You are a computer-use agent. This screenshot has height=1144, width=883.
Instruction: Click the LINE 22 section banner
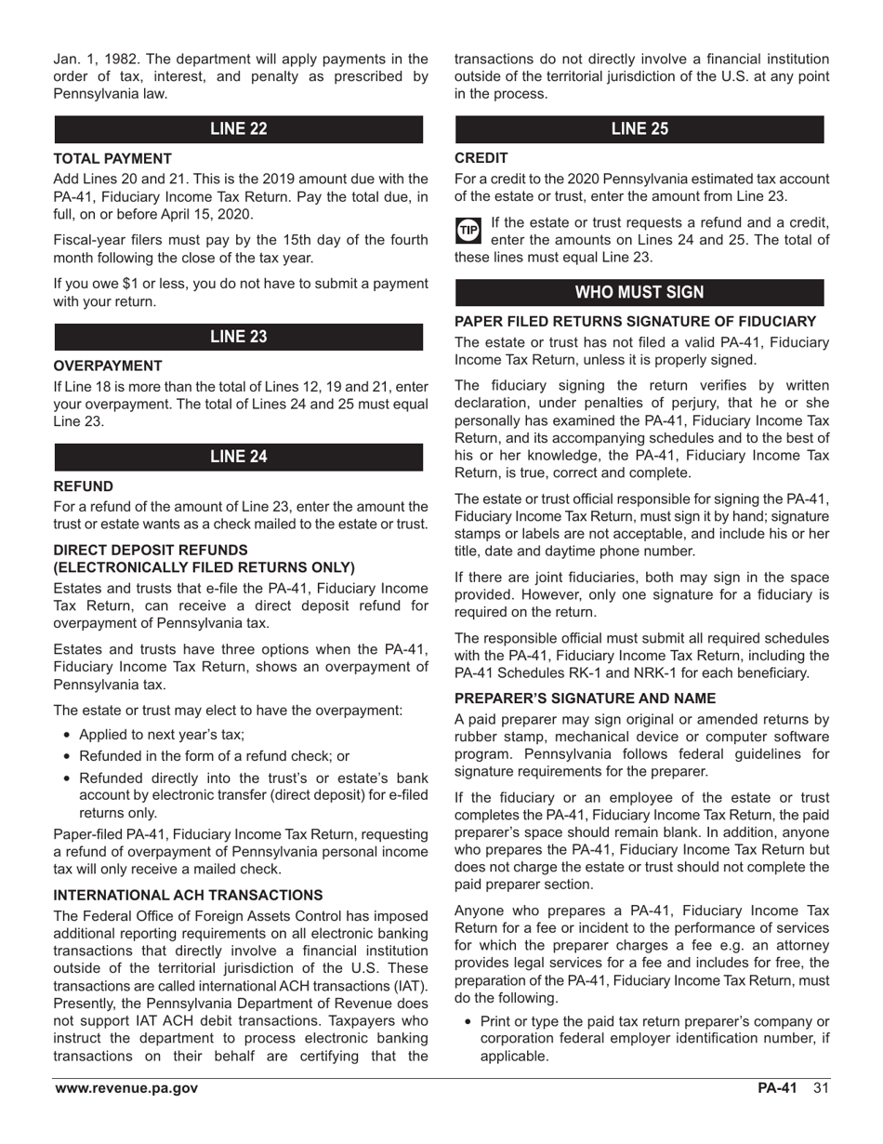tap(238, 129)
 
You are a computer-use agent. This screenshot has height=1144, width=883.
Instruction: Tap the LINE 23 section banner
tap(238, 337)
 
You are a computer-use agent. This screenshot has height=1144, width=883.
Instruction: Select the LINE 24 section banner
tap(238, 457)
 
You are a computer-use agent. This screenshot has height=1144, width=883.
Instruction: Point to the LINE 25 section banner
tap(639, 129)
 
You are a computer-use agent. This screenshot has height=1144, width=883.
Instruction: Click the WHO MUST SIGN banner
tap(639, 292)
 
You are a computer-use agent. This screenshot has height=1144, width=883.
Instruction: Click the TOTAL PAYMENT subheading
tap(112, 159)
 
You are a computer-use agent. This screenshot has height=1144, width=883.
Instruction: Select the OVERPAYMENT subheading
tap(108, 366)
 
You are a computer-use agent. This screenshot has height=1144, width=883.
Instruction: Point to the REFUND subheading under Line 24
tap(84, 486)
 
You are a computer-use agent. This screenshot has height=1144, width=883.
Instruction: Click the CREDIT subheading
tap(481, 159)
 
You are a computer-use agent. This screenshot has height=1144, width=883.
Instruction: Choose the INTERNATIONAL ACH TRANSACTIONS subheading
tap(189, 896)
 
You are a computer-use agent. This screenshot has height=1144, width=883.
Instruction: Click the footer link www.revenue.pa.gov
tap(126, 1088)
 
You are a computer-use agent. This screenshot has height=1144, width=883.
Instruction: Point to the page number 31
tap(821, 1088)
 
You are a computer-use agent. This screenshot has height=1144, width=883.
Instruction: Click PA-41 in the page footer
tap(777, 1088)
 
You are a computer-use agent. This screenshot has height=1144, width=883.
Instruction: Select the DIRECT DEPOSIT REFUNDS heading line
tap(151, 550)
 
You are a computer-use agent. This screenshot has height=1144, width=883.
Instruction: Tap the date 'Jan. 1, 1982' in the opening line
tap(96, 60)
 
